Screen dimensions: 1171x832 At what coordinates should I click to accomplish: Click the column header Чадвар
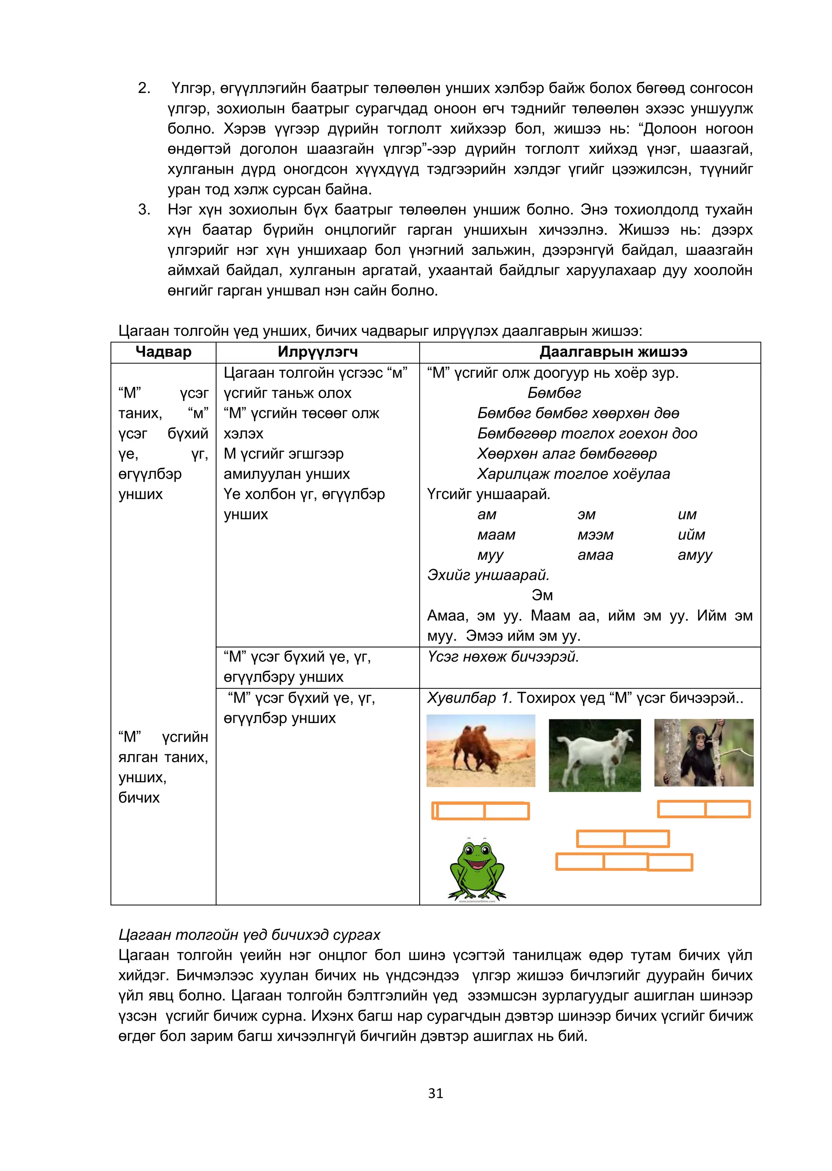(163, 352)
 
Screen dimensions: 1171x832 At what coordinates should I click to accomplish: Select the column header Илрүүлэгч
(318, 352)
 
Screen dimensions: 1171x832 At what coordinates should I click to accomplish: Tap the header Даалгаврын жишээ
(613, 352)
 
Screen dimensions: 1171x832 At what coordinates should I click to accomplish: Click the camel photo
(481, 751)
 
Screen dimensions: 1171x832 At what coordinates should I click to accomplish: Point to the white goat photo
(594, 755)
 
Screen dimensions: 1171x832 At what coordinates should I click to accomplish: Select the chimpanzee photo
(703, 752)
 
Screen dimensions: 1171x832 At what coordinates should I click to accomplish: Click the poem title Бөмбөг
(554, 393)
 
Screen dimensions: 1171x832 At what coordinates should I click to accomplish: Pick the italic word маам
(496, 535)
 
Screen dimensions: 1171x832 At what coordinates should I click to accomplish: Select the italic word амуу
(695, 555)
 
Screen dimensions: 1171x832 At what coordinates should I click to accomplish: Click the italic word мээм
(595, 535)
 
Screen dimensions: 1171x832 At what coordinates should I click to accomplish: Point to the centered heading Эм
(542, 595)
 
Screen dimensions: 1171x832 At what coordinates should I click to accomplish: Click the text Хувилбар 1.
(469, 698)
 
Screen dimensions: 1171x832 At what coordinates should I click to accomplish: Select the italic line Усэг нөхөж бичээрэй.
(503, 657)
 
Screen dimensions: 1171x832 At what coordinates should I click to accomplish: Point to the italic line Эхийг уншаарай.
(488, 575)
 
